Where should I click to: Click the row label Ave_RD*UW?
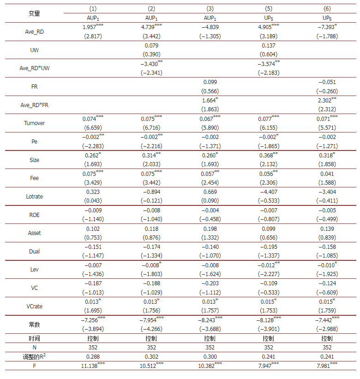pos(35,68)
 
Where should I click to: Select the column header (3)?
pos(210,8)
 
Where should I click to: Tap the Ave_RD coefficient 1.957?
pos(91,27)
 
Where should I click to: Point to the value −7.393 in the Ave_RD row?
pos(325,27)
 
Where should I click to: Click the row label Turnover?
pos(35,123)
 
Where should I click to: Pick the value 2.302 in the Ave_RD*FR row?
pos(325,100)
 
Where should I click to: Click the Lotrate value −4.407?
pos(268,192)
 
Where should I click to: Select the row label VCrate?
pos(35,306)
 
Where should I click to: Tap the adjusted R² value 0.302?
pos(151,356)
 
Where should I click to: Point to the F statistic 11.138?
pos(92,366)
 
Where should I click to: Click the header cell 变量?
pos(35,13)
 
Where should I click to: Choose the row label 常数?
pos(35,325)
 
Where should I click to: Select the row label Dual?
pos(35,251)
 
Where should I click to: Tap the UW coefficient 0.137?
pos(268,45)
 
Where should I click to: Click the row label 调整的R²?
pos(35,356)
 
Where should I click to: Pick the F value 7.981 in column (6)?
pos(325,366)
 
